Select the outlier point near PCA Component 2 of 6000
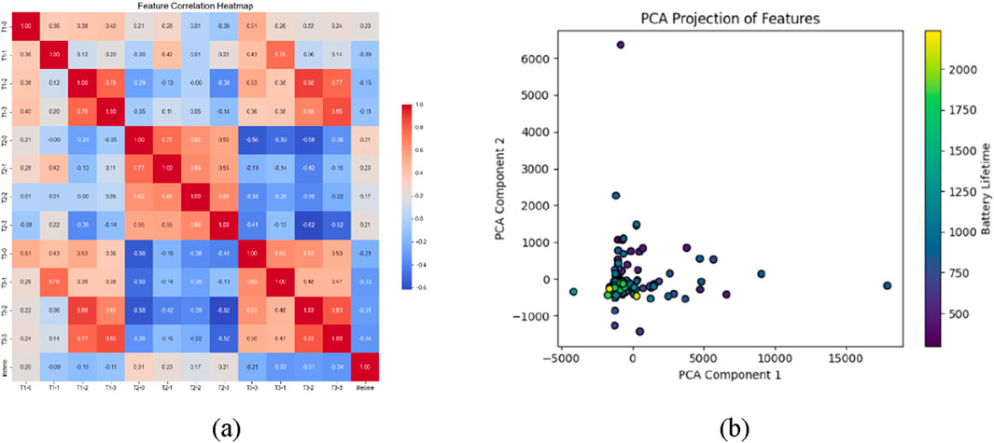[620, 44]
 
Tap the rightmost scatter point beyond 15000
[887, 285]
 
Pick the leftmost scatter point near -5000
[573, 292]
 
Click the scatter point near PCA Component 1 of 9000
[761, 274]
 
